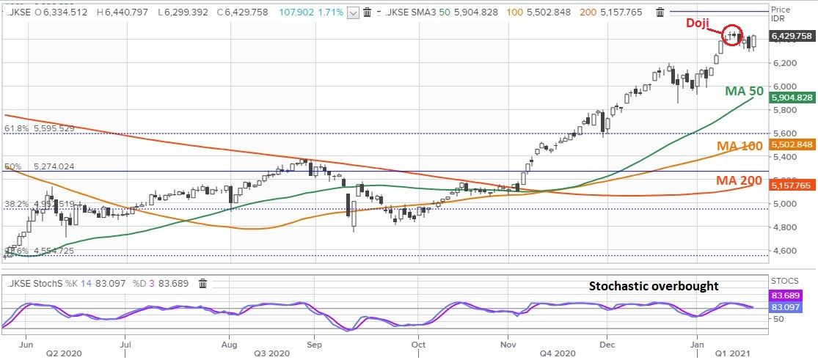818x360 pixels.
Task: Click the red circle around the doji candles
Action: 732,34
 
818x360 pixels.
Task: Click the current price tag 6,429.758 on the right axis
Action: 792,36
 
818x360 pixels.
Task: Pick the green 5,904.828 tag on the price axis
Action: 792,98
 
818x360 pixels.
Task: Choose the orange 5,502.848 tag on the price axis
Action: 792,144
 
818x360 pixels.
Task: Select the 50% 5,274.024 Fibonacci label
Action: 39,166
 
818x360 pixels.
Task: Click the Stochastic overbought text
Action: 654,286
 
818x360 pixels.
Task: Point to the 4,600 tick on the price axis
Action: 785,251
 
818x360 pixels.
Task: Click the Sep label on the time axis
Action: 315,342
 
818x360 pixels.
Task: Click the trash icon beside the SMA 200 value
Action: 660,12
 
